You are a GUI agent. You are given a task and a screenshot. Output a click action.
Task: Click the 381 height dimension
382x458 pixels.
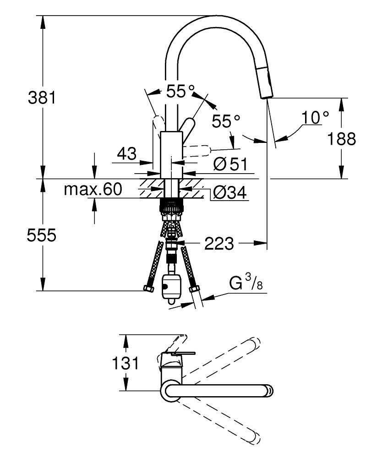[41, 98]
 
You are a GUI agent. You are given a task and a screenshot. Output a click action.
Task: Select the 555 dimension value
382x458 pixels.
[41, 235]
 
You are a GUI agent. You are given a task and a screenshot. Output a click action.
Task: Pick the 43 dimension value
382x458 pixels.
[126, 153]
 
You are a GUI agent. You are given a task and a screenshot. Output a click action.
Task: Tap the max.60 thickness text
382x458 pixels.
[93, 189]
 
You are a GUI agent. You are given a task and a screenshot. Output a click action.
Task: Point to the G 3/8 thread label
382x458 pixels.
[246, 284]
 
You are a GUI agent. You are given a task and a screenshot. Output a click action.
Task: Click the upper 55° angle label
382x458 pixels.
[180, 91]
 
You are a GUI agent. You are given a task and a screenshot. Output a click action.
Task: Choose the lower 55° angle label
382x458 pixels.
[226, 122]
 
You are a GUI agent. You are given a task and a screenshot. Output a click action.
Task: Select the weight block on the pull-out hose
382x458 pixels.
[172, 287]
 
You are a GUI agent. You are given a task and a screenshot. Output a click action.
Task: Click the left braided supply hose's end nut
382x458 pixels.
[148, 289]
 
